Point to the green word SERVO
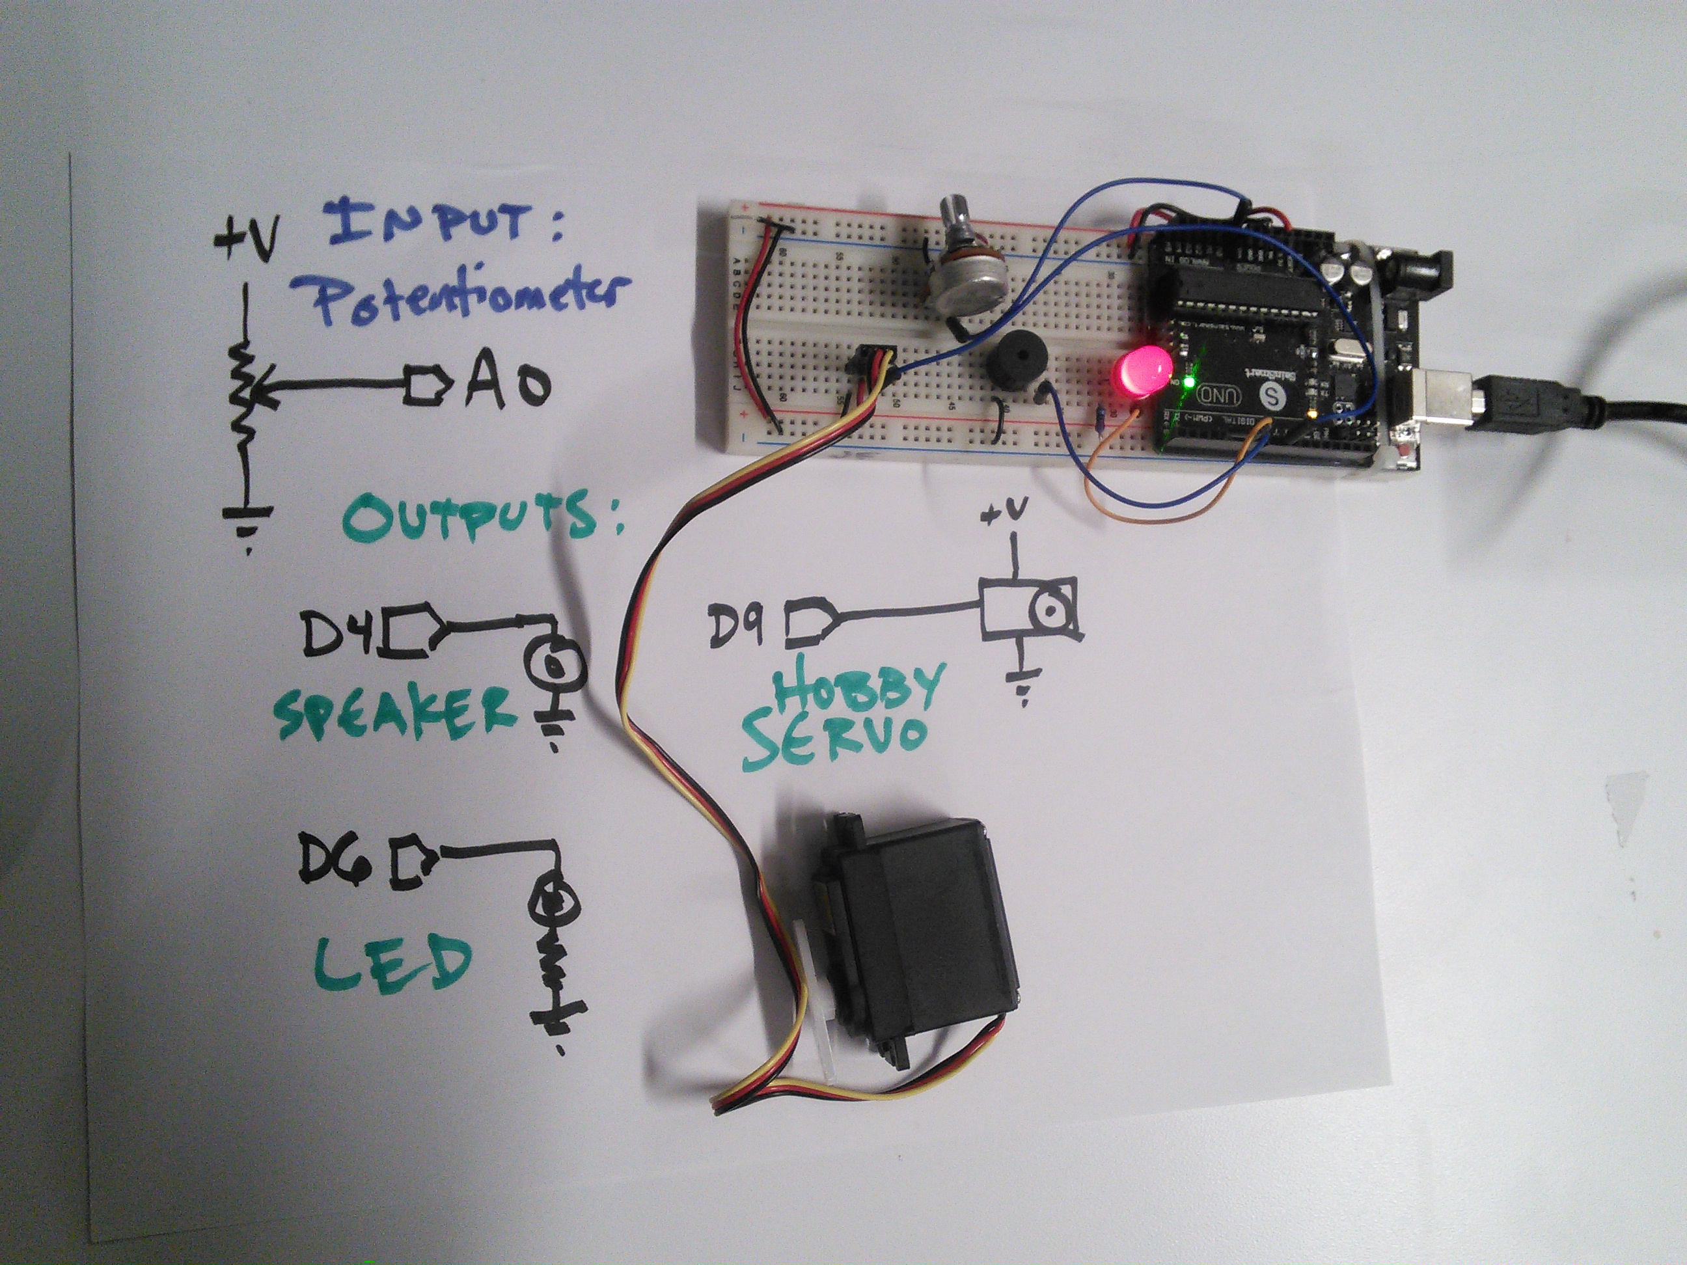pyautogui.click(x=835, y=736)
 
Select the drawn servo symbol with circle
pyautogui.click(x=1030, y=607)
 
